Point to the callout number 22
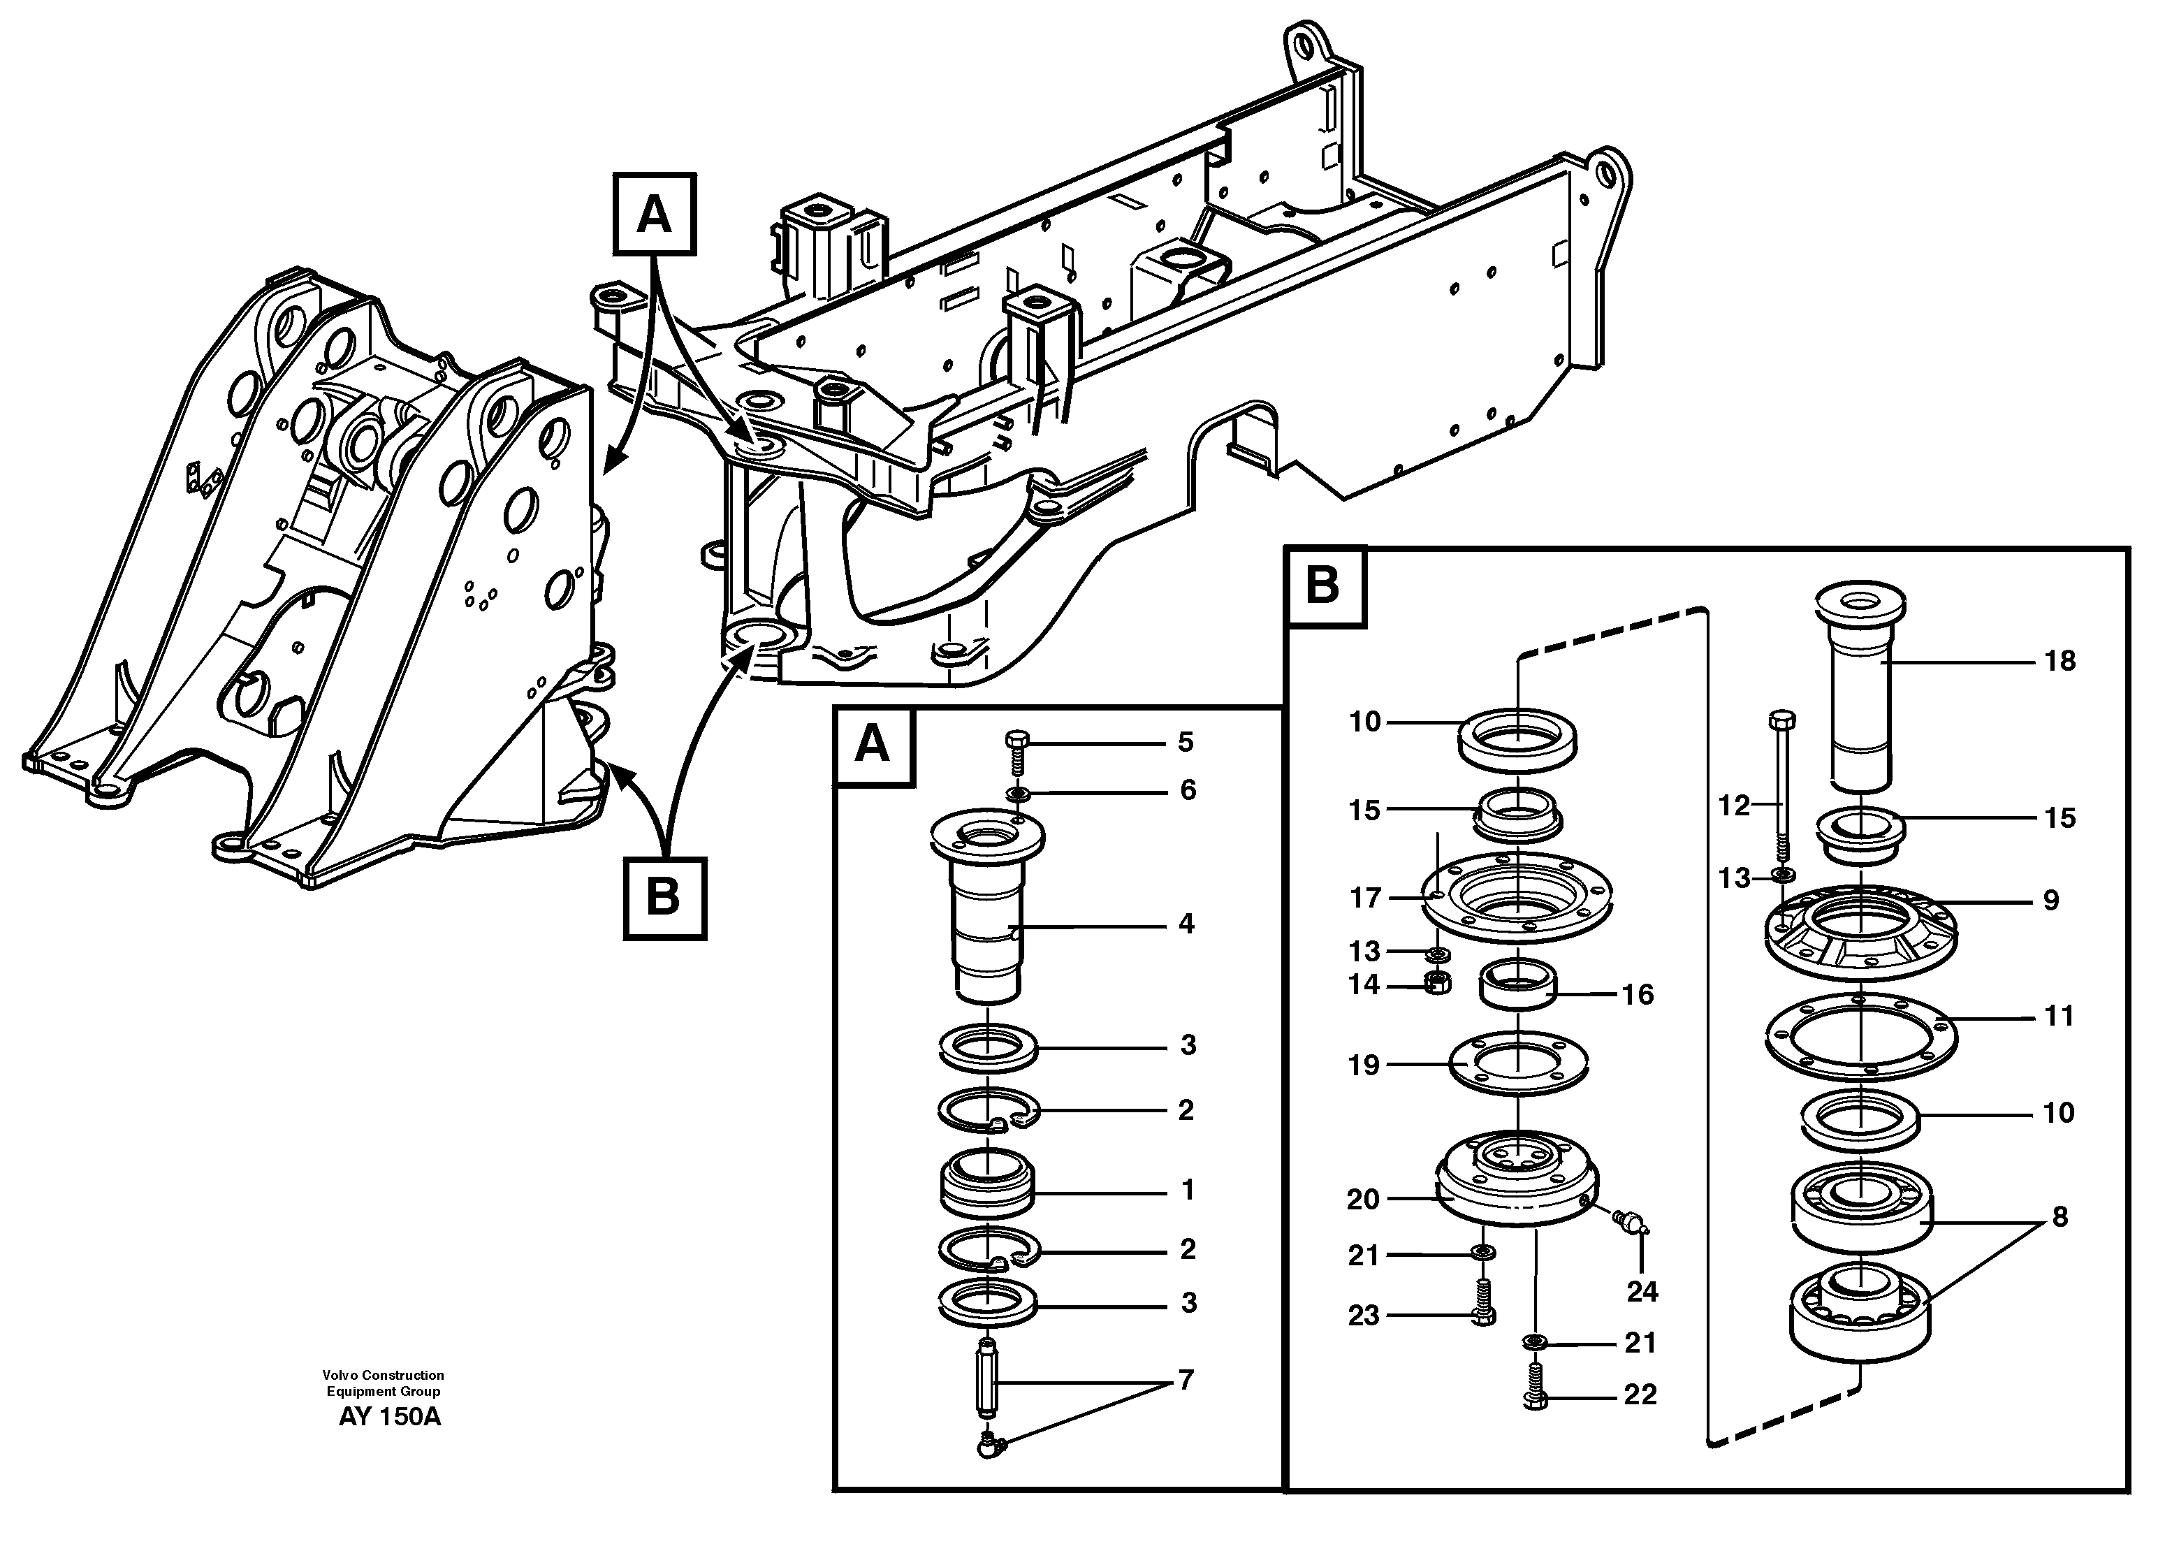(1640, 1395)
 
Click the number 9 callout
(2050, 901)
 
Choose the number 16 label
(1638, 995)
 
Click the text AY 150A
(389, 1416)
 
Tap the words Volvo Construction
(383, 1375)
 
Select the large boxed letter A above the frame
(655, 214)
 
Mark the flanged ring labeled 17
(1517, 899)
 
